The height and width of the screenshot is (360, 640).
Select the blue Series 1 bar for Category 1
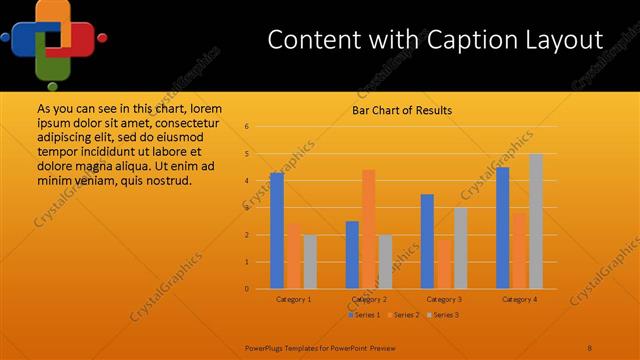click(x=276, y=231)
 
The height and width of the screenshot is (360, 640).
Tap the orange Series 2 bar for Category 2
click(x=368, y=229)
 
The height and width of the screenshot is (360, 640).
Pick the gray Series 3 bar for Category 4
click(x=536, y=221)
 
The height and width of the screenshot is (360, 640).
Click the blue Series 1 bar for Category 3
click(x=427, y=241)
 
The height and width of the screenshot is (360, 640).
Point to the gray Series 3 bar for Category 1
click(x=310, y=262)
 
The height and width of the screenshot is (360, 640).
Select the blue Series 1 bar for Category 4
click(x=502, y=228)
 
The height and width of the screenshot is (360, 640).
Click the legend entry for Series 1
click(x=364, y=315)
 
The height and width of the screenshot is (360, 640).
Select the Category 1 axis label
click(x=293, y=299)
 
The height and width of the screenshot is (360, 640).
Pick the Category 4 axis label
click(x=519, y=299)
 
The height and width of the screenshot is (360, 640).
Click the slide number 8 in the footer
click(x=590, y=347)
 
